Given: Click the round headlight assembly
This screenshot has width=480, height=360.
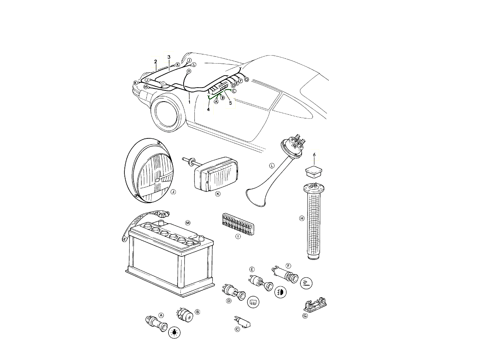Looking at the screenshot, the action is (x=149, y=171).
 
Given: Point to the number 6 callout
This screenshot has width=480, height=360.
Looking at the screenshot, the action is (x=314, y=155).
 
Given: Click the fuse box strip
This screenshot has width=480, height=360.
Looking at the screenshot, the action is (x=238, y=224).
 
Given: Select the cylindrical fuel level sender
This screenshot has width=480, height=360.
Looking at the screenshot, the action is (x=314, y=222).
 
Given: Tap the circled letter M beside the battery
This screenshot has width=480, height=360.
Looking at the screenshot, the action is (x=188, y=223).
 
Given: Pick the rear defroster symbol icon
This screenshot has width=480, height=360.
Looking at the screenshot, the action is (x=253, y=302).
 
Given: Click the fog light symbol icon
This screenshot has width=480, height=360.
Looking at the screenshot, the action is (x=280, y=292).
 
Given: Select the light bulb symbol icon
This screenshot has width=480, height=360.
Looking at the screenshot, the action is (x=174, y=332).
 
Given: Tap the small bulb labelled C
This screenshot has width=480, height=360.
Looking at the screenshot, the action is (x=243, y=322).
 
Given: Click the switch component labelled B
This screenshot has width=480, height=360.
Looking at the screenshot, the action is (x=185, y=315).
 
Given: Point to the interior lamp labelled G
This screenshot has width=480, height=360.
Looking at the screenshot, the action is (x=315, y=304).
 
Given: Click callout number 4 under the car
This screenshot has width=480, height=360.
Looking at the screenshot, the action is (x=208, y=109).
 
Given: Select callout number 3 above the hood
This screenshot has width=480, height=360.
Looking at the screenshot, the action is (x=169, y=57).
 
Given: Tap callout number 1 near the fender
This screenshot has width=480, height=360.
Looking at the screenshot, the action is (x=189, y=102).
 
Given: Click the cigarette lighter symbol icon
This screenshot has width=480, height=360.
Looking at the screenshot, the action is (x=306, y=283).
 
